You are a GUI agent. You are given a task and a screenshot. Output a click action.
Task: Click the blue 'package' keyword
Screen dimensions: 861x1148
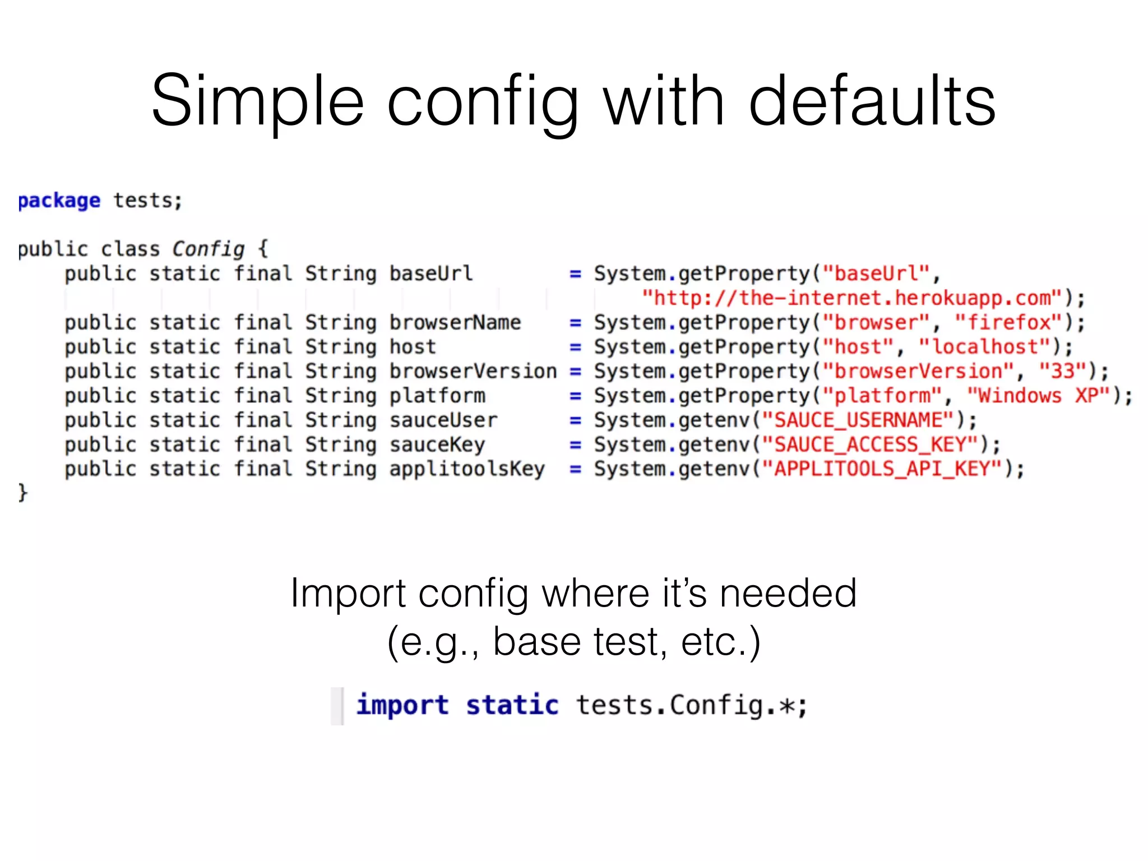click(x=59, y=201)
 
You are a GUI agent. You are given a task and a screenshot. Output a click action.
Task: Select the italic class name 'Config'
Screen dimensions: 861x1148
click(x=208, y=249)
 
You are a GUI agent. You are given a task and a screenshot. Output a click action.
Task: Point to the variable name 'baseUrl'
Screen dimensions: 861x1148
click(x=431, y=274)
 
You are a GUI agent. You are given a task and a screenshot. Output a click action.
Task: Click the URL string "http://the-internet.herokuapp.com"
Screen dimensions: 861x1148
click(x=852, y=298)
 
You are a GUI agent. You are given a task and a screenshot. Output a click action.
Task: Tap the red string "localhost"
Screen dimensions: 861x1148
click(x=985, y=347)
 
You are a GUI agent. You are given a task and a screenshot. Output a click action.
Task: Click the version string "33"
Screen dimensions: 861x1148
click(x=1063, y=371)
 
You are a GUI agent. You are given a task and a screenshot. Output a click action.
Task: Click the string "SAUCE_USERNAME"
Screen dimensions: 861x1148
click(x=858, y=420)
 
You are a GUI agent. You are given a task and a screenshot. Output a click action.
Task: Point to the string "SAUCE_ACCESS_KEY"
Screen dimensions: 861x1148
click(x=870, y=445)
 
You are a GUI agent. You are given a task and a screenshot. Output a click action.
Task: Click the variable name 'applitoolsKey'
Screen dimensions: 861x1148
click(x=467, y=469)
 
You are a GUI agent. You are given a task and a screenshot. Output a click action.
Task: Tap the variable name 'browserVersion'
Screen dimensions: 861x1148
click(x=473, y=371)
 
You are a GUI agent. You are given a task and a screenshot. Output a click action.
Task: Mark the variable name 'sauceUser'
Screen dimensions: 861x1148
click(x=443, y=420)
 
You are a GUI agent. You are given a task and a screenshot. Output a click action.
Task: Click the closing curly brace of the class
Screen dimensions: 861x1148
click(x=22, y=493)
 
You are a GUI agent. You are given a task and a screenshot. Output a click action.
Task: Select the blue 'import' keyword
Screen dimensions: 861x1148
click(x=402, y=705)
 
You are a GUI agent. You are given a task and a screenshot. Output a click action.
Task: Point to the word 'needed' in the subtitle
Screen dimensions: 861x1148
click(x=788, y=593)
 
